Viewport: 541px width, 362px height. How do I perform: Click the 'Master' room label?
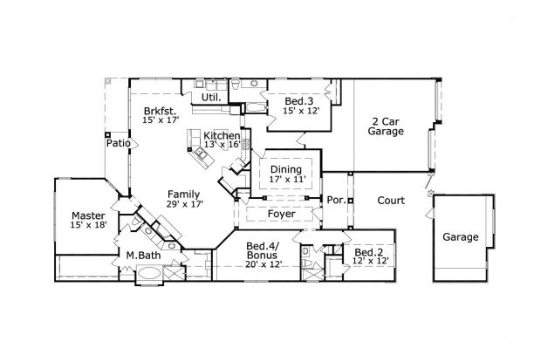(88, 215)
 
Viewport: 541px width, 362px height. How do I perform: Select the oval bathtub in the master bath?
(148, 274)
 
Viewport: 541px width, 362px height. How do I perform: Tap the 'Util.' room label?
(210, 98)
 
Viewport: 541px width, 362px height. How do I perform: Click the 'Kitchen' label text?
(222, 136)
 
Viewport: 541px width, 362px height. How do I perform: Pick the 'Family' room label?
(184, 194)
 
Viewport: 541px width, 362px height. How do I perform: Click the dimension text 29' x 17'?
(184, 204)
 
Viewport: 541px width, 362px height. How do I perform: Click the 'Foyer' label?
(281, 214)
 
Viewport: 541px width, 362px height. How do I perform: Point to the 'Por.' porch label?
(335, 200)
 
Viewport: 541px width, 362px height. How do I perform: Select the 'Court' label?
(390, 201)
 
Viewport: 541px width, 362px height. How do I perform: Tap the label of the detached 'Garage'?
(460, 237)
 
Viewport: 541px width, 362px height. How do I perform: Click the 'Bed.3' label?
(301, 101)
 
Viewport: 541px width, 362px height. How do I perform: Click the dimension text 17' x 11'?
(285, 180)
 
